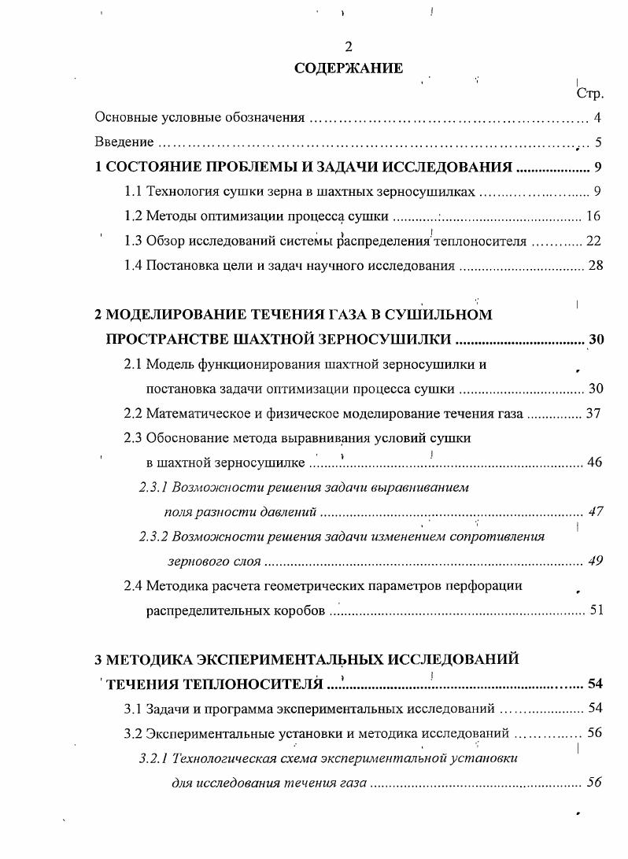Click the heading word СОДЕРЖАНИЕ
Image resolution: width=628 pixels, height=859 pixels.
[349, 68]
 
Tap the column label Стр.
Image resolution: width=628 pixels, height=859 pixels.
[589, 94]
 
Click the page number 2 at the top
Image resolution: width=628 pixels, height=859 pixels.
[349, 46]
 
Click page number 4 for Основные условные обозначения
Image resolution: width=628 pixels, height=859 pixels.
[598, 119]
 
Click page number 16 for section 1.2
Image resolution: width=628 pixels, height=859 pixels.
[594, 216]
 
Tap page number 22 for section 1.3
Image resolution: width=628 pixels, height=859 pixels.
[594, 241]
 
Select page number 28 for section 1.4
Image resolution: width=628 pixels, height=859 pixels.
[595, 265]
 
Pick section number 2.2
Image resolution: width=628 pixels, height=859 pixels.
[134, 413]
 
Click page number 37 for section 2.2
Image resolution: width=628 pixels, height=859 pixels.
[594, 413]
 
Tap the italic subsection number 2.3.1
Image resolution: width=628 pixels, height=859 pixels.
[153, 487]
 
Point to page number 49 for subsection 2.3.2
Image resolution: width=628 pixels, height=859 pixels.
[596, 561]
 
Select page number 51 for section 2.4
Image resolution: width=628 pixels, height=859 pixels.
[596, 610]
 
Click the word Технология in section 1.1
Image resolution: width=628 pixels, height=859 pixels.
[179, 191]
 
